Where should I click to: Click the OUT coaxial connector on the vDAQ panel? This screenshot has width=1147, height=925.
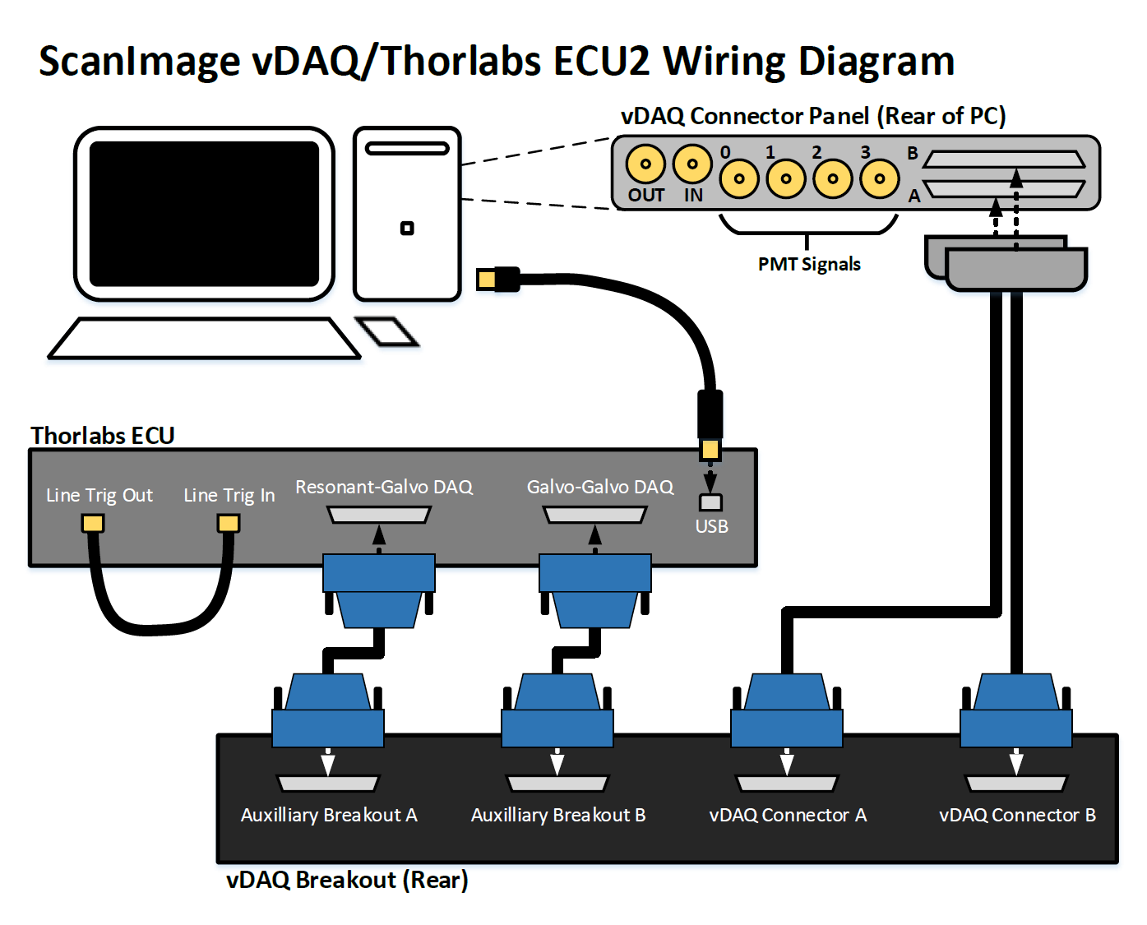click(645, 163)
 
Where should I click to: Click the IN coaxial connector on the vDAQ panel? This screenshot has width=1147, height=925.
click(692, 163)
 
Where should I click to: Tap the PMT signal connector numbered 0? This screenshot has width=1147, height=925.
click(739, 178)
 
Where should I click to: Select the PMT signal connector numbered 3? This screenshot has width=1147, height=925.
click(880, 178)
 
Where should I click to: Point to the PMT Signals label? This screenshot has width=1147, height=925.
click(809, 265)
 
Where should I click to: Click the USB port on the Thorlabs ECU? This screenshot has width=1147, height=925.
click(710, 502)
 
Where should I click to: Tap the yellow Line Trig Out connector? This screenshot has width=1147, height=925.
click(93, 524)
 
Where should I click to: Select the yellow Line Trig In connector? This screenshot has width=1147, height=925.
click(229, 524)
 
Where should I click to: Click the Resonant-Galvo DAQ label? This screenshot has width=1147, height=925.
click(384, 488)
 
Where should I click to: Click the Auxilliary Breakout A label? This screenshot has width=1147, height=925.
click(329, 816)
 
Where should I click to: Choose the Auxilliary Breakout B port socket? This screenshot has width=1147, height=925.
click(557, 784)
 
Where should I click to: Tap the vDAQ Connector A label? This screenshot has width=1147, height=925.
click(788, 816)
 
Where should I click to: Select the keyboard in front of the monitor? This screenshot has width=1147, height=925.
click(204, 339)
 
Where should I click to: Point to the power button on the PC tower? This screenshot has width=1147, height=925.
click(407, 229)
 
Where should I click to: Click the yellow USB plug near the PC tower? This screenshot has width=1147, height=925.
click(488, 280)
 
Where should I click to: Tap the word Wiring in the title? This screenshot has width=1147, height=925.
click(724, 62)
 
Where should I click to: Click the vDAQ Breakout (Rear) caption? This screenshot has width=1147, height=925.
click(347, 881)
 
